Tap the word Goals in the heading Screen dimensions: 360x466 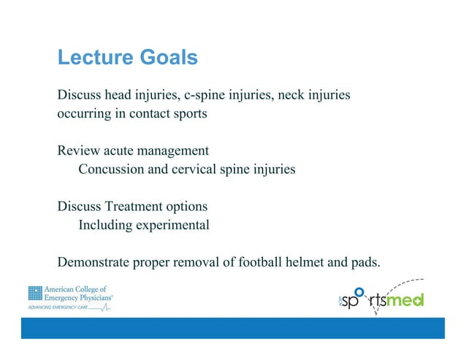point(167,58)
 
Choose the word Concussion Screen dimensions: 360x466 point(112,169)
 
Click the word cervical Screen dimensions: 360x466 point(188,169)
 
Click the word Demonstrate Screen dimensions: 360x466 point(94,262)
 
